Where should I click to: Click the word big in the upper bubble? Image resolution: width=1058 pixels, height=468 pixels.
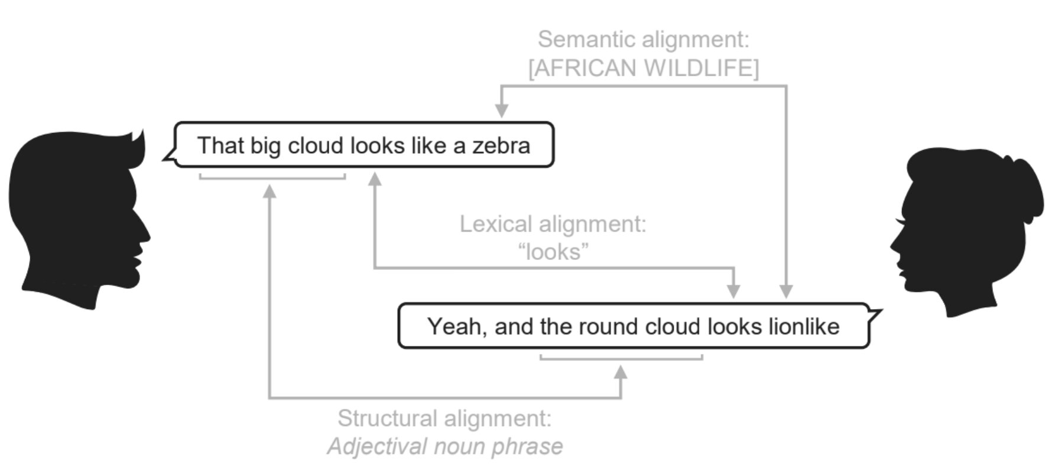[265, 146]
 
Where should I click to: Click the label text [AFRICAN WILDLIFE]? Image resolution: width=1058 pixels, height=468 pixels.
[643, 69]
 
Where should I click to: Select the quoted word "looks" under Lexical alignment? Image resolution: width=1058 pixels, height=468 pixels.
[553, 252]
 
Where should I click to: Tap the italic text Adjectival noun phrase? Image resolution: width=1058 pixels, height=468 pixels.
[444, 446]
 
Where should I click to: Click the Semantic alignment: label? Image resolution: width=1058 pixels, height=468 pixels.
[643, 40]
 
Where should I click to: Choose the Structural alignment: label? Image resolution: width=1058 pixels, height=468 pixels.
[444, 418]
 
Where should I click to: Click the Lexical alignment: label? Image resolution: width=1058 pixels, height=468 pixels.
[553, 225]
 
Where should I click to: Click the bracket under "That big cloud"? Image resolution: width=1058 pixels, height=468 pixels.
[272, 177]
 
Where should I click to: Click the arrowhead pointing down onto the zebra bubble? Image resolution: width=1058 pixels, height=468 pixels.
[502, 110]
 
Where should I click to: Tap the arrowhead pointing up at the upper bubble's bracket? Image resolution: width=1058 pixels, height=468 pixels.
[270, 191]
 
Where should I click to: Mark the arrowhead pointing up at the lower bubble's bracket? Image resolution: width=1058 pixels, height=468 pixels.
[621, 372]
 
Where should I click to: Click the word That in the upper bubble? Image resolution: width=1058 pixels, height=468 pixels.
[220, 146]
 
